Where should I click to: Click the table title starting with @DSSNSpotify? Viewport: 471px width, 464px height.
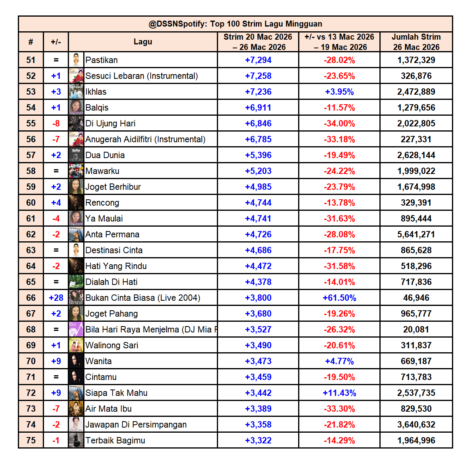(235, 24)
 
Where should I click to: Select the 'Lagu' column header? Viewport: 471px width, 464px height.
(143, 42)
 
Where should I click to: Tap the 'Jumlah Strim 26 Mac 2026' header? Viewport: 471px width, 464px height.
(416, 42)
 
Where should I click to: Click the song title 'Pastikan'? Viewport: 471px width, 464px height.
(101, 60)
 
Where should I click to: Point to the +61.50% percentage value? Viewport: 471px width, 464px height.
(339, 298)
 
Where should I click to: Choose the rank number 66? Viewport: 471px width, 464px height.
(31, 298)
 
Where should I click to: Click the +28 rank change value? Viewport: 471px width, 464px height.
(56, 298)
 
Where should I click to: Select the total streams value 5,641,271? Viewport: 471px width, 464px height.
(416, 235)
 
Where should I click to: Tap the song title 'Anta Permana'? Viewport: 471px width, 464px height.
(112, 235)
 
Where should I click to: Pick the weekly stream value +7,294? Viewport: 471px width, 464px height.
(258, 60)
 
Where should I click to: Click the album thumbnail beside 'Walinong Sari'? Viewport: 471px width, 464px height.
(76, 345)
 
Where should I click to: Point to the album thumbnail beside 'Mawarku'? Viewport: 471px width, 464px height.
(76, 171)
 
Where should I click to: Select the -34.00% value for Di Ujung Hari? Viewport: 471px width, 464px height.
(339, 124)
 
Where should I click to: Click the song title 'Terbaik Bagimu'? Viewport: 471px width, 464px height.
(115, 441)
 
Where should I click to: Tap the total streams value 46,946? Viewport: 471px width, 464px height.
(416, 298)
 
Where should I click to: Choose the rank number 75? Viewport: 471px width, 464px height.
(31, 441)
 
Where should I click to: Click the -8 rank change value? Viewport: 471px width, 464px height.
(56, 124)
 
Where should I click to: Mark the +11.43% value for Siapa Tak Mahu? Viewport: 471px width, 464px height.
(339, 393)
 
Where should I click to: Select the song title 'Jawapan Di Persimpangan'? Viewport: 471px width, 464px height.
(136, 425)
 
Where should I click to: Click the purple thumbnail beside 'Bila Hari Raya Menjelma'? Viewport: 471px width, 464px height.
(76, 329)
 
